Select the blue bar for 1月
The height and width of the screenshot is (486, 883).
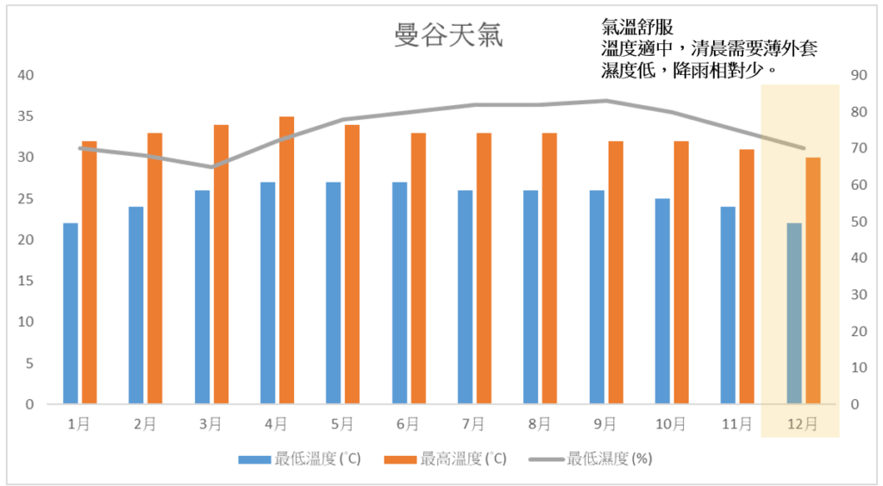(x=70, y=314)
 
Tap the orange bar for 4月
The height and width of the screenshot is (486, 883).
(x=286, y=260)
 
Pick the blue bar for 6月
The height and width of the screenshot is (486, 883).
(x=399, y=293)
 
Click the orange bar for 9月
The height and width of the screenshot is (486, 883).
(x=616, y=272)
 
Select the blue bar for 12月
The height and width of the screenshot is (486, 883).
(x=793, y=314)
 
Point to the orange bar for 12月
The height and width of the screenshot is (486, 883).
(x=813, y=281)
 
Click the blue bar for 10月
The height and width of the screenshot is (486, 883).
(x=662, y=302)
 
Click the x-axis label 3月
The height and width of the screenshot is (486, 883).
(x=210, y=424)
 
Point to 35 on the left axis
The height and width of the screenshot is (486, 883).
(x=27, y=116)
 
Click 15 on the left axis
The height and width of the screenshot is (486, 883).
(x=27, y=281)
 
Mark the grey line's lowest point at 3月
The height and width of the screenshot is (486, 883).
(x=215, y=166)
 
